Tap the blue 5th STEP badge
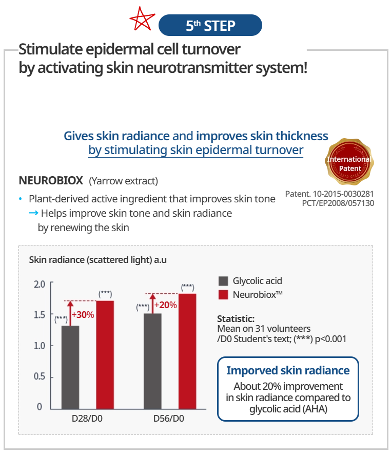210,25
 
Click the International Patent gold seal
349,162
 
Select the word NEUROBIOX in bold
51,180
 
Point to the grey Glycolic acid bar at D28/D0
70,367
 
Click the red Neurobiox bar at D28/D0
105,355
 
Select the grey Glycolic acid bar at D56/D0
153,361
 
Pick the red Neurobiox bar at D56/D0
187,351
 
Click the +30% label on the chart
83,314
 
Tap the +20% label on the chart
165,305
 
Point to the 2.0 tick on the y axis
40,285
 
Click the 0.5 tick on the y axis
40,376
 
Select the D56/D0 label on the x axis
169,419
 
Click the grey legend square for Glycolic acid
223,281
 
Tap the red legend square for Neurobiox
223,295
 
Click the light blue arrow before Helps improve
33,213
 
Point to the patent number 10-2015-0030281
343,194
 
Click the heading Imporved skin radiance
288,370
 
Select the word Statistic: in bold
236,318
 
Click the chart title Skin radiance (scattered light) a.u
97,260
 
